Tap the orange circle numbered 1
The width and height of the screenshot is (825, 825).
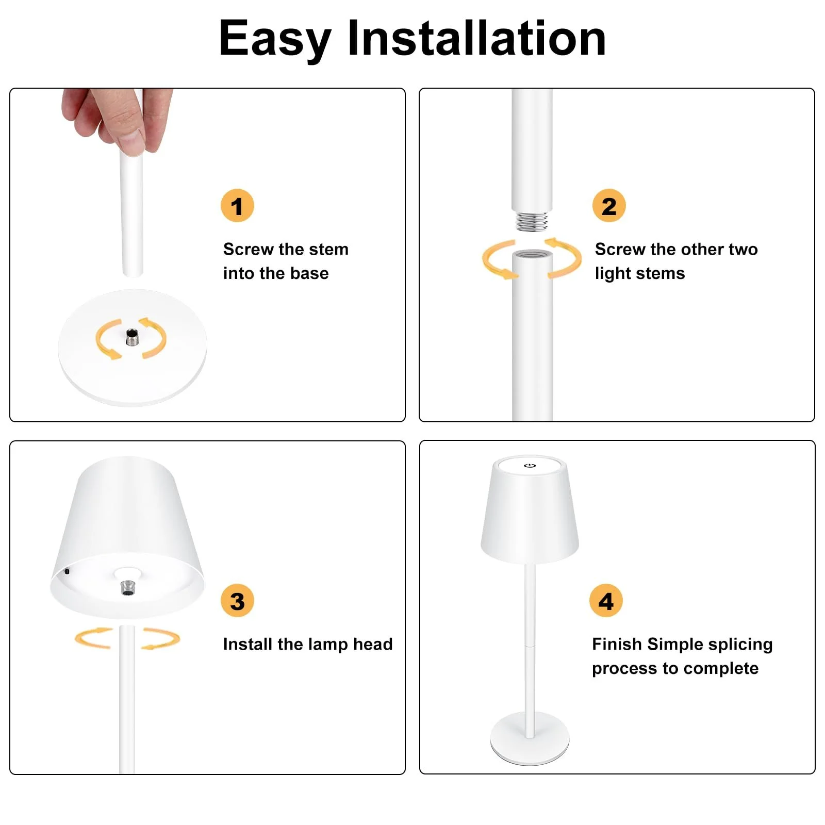point(237,206)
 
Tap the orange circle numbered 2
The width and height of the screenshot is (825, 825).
point(609,206)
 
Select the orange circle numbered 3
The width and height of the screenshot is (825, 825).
point(237,601)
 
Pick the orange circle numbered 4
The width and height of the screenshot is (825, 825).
point(606,601)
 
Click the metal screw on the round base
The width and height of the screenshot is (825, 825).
point(133,338)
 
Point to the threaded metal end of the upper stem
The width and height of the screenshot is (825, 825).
point(532,221)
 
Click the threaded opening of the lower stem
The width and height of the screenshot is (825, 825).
point(532,255)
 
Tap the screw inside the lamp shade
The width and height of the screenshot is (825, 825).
point(128,587)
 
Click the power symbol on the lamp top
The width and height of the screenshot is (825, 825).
point(530,466)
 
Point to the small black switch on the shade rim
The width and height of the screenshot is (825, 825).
point(67,571)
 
